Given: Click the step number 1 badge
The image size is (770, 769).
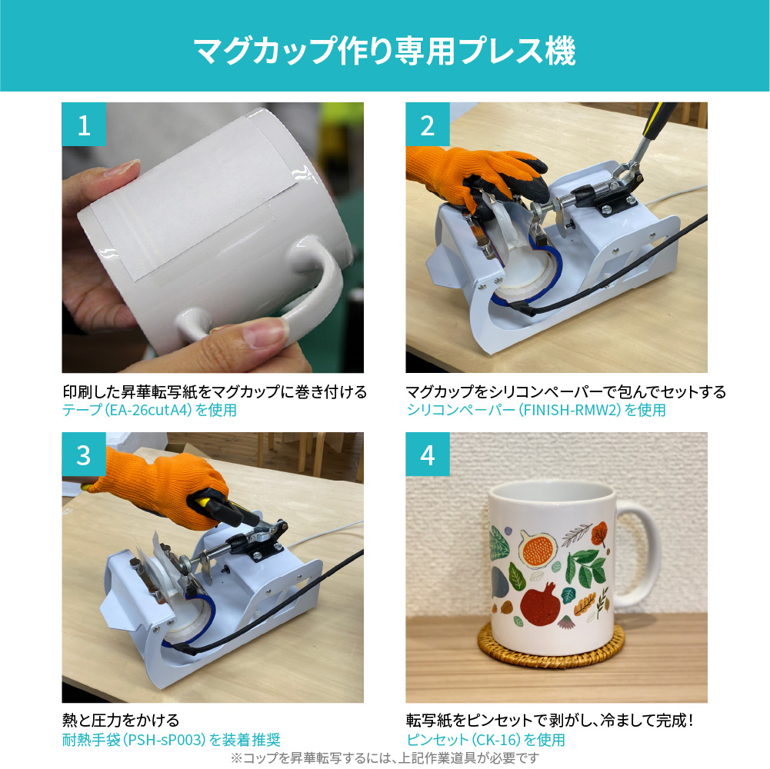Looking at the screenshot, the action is (x=84, y=125).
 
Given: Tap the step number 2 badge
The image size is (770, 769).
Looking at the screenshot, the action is (x=427, y=125).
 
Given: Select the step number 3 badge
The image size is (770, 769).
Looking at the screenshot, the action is (x=84, y=454).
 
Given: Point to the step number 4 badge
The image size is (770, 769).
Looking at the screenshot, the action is (x=427, y=454).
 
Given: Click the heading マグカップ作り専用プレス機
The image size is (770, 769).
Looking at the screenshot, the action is (x=385, y=51).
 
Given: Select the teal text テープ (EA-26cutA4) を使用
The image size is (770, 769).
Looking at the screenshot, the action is (x=149, y=410).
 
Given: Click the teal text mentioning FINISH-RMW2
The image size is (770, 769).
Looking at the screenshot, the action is (x=535, y=410).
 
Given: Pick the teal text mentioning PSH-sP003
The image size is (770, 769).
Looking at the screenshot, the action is (x=172, y=739).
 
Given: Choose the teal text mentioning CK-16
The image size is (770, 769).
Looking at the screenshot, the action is (x=485, y=739).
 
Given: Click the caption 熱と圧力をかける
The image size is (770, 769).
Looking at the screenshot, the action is (x=121, y=721).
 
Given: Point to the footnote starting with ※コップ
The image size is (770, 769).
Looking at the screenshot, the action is (x=385, y=757).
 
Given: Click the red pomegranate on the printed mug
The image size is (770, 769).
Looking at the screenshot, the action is (x=540, y=604).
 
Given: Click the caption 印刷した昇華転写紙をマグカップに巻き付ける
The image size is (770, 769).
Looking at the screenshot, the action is (x=215, y=391).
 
